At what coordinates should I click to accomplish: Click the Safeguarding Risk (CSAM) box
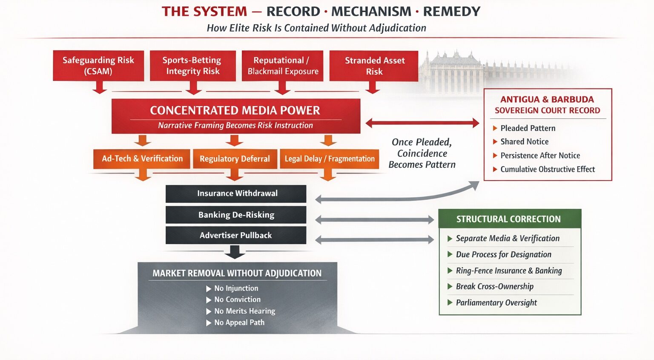click(x=98, y=66)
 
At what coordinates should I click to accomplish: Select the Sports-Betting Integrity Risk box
click(x=192, y=66)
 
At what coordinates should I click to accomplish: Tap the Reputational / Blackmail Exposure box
click(x=283, y=66)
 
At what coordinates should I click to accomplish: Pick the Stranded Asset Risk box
click(x=374, y=66)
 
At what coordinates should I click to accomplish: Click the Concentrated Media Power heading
click(x=235, y=110)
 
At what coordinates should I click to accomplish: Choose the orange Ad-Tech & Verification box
click(x=142, y=158)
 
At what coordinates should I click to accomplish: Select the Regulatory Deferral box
click(x=235, y=159)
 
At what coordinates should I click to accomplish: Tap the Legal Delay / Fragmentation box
click(x=330, y=159)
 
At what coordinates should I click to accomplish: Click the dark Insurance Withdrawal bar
click(x=236, y=193)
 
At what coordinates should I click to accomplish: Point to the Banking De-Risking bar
click(x=236, y=215)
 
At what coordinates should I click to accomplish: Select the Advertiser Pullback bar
click(x=236, y=235)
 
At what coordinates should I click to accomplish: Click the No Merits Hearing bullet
click(x=244, y=311)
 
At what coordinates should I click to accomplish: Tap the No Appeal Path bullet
click(x=239, y=323)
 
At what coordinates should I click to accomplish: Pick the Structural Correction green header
click(x=509, y=219)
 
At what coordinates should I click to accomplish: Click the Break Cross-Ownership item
click(x=494, y=286)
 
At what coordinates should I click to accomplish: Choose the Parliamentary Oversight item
click(x=496, y=302)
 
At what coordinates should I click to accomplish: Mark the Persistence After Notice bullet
click(x=540, y=156)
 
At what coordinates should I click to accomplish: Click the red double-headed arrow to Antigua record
click(x=422, y=123)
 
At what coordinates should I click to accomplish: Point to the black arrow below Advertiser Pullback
click(x=235, y=253)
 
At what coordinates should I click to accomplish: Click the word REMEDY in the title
click(x=451, y=12)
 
